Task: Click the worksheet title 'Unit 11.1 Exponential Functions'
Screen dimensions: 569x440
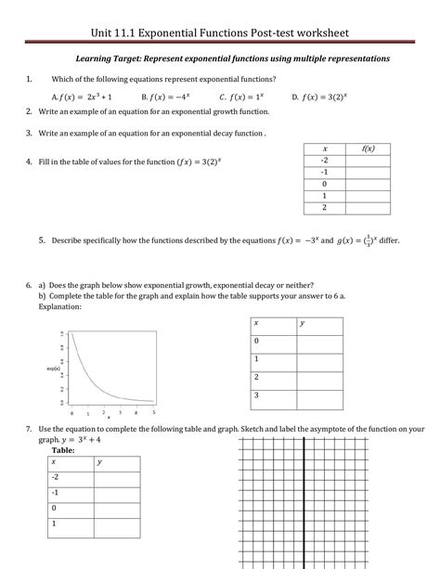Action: (219, 34)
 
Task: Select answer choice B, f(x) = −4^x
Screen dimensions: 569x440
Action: (167, 96)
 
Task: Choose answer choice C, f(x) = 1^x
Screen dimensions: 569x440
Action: (243, 96)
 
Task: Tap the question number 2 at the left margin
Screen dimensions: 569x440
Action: (30, 111)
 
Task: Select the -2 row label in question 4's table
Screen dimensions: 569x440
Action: (324, 161)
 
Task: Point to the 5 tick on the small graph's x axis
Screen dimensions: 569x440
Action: (153, 411)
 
